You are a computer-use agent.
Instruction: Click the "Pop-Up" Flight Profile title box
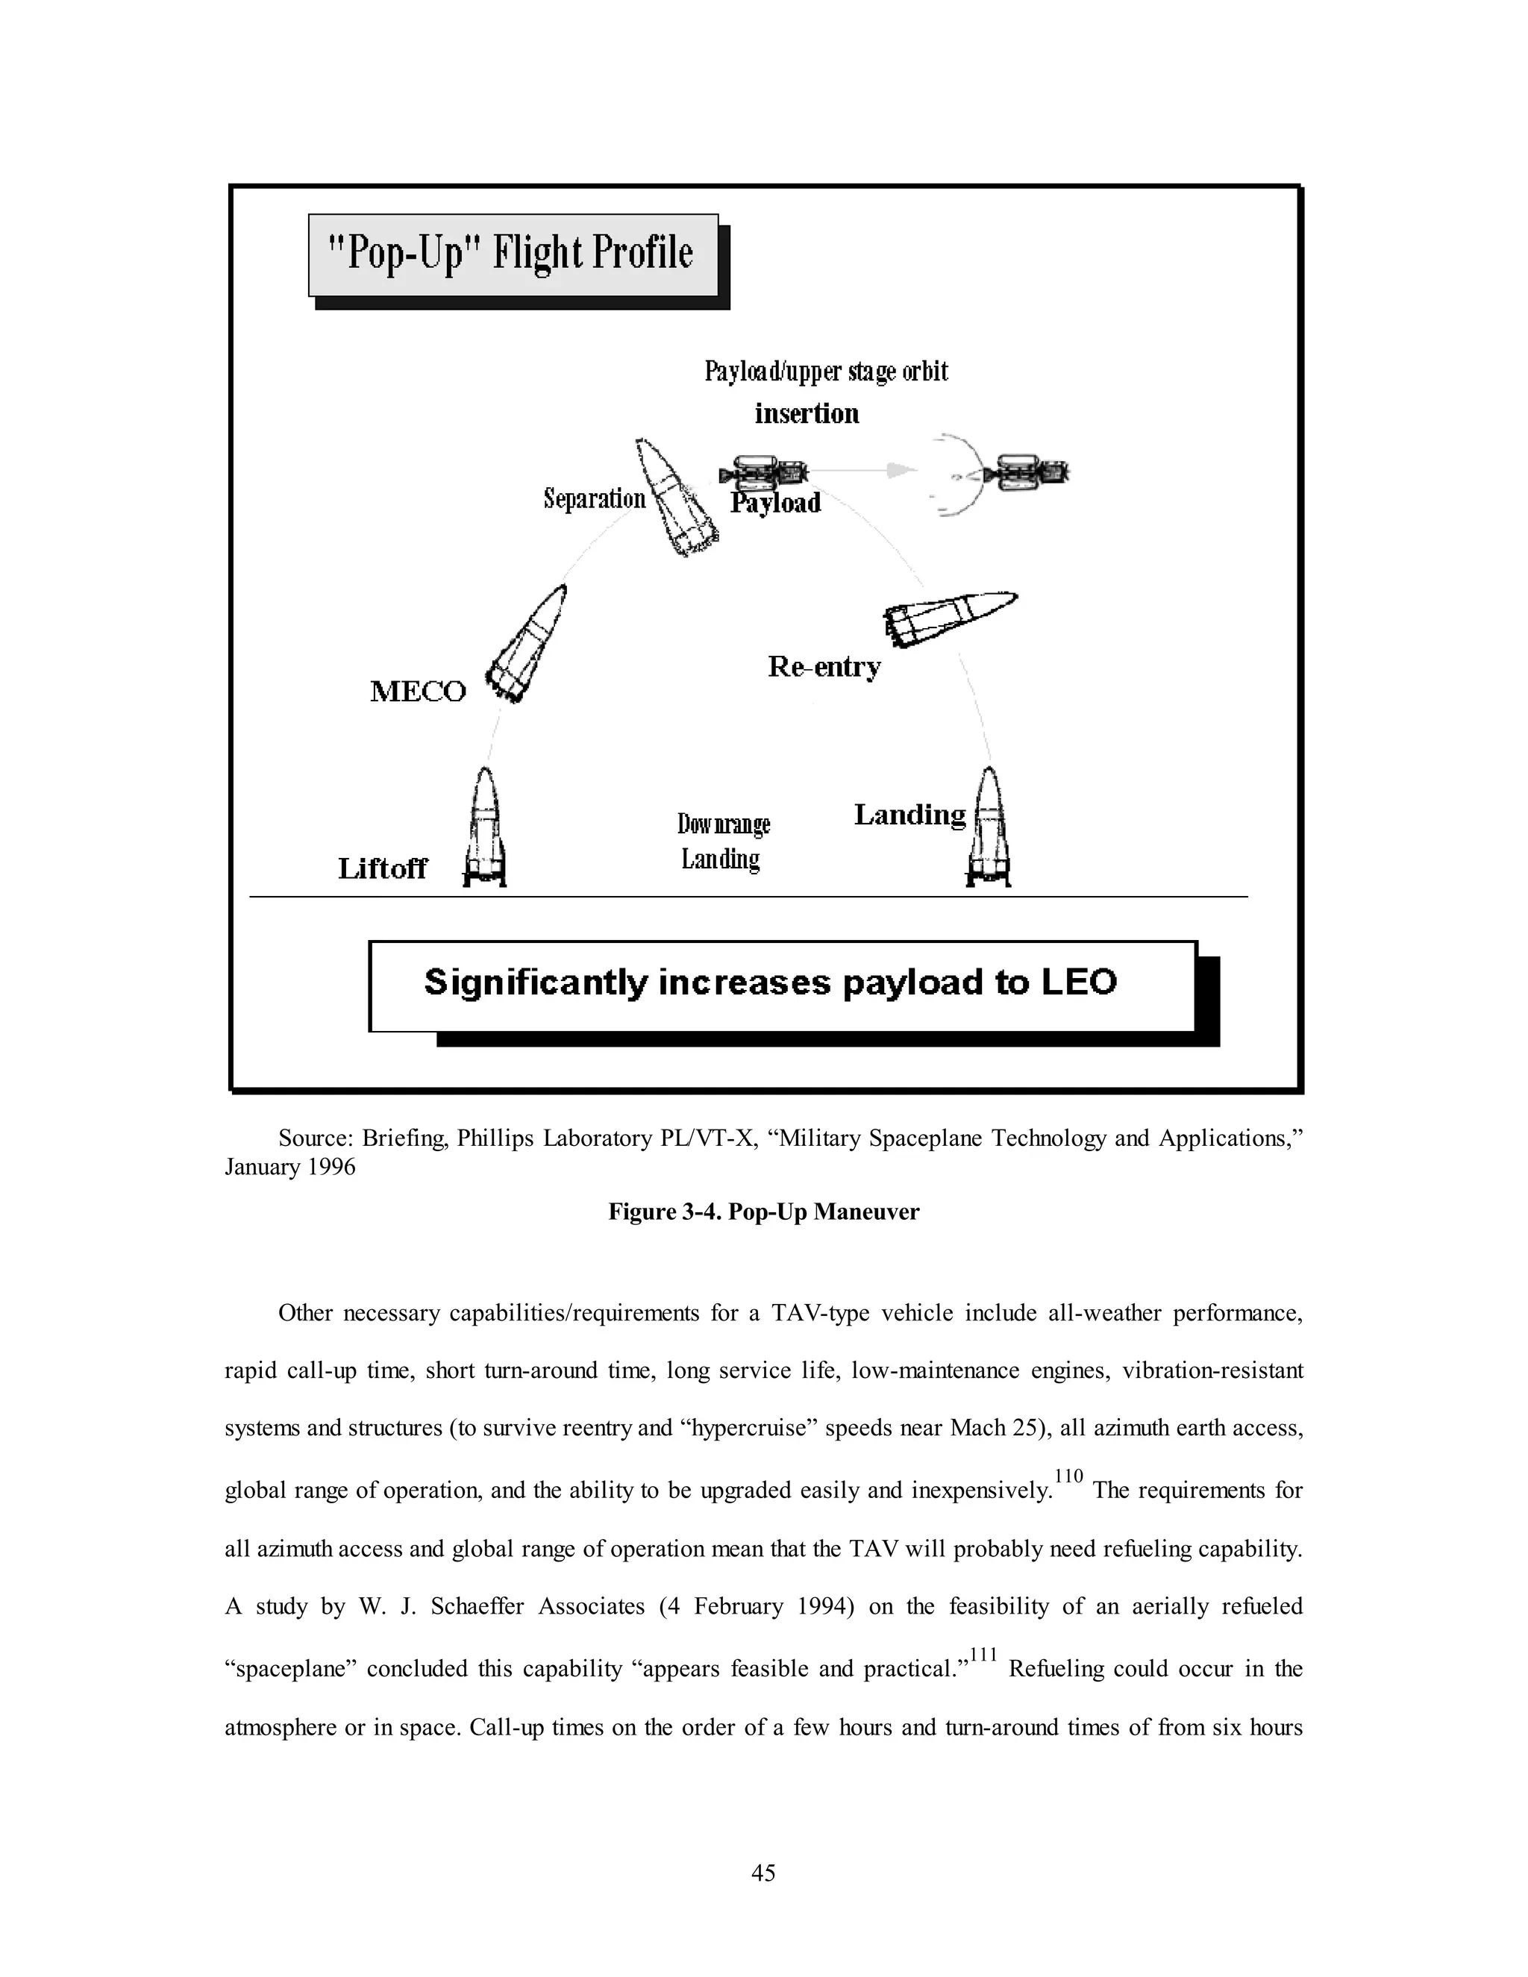[x=513, y=254]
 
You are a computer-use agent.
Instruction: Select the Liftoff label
[x=382, y=869]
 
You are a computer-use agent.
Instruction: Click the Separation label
[x=594, y=499]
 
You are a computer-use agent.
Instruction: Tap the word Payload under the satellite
[x=776, y=504]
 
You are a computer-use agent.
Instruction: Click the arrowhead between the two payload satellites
[x=896, y=470]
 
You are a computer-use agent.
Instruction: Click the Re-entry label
[x=824, y=667]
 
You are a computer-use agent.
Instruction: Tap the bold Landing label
[x=909, y=815]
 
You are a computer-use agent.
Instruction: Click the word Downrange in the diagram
[x=723, y=824]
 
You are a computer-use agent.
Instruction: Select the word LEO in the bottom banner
[x=1078, y=983]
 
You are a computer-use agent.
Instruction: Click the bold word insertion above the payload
[x=807, y=414]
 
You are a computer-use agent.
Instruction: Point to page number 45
[x=763, y=1872]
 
